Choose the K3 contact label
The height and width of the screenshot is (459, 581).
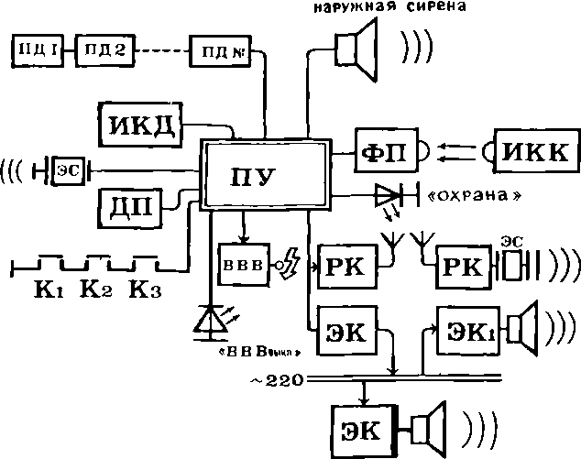tap(145, 290)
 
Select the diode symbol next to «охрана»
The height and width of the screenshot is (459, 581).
tap(389, 195)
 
